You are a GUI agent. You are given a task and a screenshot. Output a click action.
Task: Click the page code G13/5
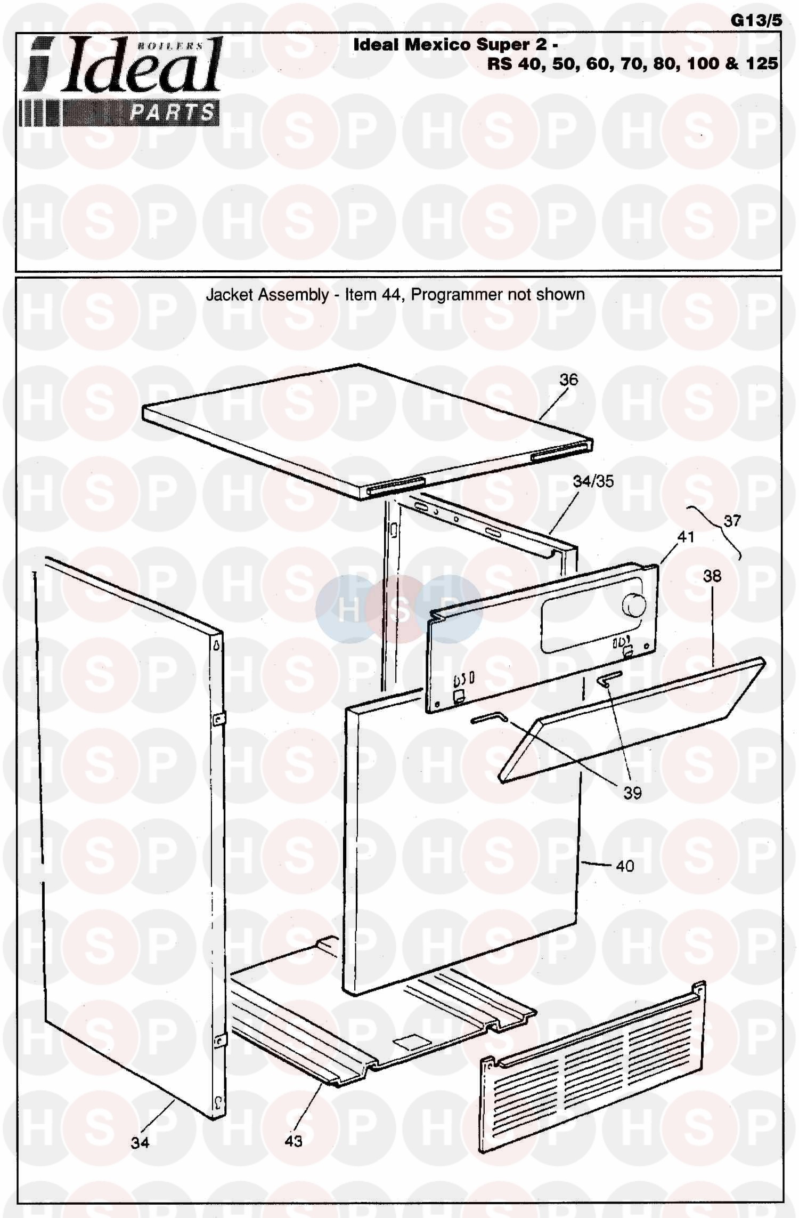point(756,20)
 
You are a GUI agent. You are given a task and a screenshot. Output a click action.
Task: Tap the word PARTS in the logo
point(172,113)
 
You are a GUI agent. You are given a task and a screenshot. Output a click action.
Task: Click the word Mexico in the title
point(438,45)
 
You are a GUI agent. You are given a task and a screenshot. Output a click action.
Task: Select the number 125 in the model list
point(762,63)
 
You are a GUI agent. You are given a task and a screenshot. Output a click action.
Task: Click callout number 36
point(568,380)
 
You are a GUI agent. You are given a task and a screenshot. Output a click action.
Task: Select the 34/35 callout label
point(593,481)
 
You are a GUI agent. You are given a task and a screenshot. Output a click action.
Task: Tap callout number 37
point(732,520)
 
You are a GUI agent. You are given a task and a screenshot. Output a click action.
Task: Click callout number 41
point(686,537)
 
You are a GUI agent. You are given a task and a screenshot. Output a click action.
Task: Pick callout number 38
point(712,576)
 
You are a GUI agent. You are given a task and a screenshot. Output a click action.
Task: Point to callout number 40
point(625,866)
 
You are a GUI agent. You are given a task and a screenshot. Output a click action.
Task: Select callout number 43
point(293,1141)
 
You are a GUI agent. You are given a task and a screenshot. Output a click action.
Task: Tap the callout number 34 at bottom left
point(140,1142)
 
